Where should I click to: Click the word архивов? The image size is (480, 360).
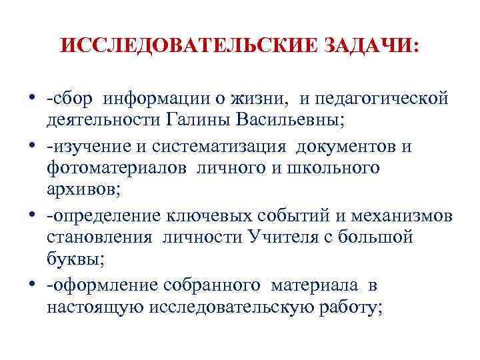84,189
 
